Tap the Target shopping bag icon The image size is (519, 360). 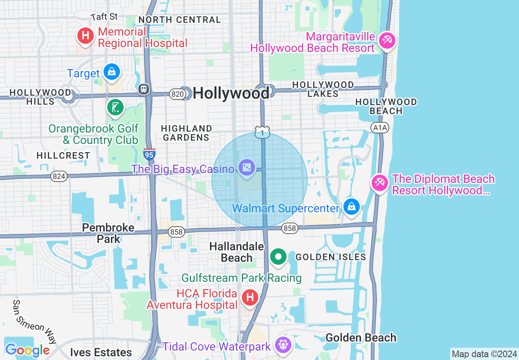pyautogui.click(x=111, y=72)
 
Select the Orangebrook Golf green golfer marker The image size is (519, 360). pyautogui.click(x=115, y=108)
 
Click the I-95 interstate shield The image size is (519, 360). pyautogui.click(x=149, y=154)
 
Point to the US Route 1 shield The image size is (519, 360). pyautogui.click(x=262, y=132)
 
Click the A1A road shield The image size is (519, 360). pyautogui.click(x=379, y=128)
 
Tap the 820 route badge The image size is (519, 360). pyautogui.click(x=177, y=94)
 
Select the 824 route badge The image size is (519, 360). pyautogui.click(x=59, y=176)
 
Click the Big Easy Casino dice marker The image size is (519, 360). pyautogui.click(x=247, y=168)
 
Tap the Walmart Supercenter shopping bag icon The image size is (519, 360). pyautogui.click(x=351, y=207)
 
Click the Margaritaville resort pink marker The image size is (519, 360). pyautogui.click(x=387, y=40)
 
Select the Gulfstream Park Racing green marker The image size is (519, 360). pyautogui.click(x=278, y=257)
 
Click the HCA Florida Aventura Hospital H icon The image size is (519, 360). pyautogui.click(x=250, y=297)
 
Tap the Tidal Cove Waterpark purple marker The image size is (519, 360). pyautogui.click(x=283, y=344)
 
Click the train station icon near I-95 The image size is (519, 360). pyautogui.click(x=144, y=89)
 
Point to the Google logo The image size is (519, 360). pyautogui.click(x=27, y=350)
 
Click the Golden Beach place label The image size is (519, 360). pyautogui.click(x=361, y=337)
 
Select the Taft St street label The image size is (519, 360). pyautogui.click(x=104, y=17)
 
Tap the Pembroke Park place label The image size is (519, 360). pyautogui.click(x=108, y=233)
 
